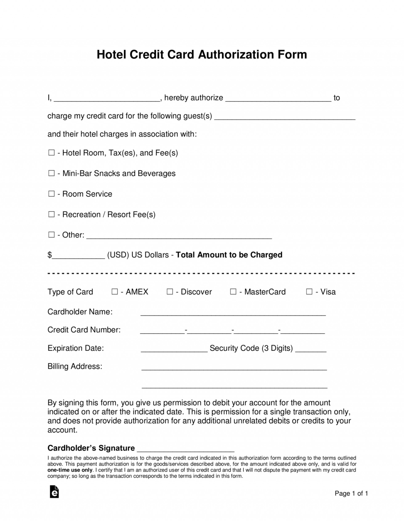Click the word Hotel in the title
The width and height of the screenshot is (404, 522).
111,55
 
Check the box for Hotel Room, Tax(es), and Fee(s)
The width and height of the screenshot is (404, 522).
51,153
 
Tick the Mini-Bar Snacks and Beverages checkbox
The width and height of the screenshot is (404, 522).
51,173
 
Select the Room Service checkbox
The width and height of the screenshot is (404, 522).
51,194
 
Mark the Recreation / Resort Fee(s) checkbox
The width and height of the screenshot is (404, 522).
51,214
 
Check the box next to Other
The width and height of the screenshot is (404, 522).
51,235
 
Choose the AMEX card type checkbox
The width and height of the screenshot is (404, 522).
115,292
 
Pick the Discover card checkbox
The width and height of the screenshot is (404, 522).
169,292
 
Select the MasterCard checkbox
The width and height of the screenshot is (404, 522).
233,292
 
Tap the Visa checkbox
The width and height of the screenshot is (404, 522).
309,292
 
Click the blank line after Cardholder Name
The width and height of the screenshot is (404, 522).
233,313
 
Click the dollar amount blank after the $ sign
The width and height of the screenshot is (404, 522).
79,256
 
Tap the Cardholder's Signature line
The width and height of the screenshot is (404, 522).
185,449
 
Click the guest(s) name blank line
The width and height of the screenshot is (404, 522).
285,117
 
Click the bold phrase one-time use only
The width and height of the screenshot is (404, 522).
70,470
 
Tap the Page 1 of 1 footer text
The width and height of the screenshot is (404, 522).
351,493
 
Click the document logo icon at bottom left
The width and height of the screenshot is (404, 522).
54,492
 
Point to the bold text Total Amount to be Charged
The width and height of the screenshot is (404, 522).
229,255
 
